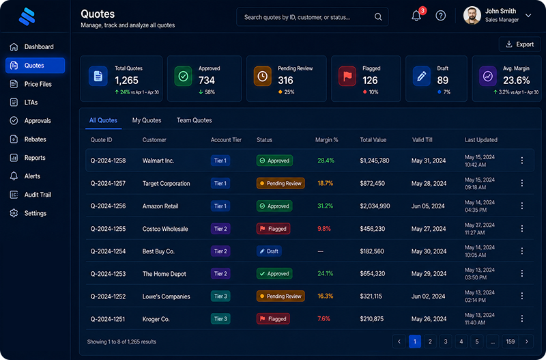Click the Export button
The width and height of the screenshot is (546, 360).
click(x=520, y=44)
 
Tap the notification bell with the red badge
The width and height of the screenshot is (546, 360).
click(x=416, y=16)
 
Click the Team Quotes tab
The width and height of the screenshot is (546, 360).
click(x=194, y=120)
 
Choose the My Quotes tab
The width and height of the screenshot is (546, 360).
click(x=147, y=120)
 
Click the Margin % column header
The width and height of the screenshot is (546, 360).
click(x=327, y=140)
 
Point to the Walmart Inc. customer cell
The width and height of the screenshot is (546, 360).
click(x=158, y=161)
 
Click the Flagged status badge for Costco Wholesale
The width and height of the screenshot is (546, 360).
click(x=274, y=229)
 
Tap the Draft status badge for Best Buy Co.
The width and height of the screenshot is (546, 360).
click(x=269, y=251)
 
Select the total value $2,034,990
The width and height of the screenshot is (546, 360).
click(x=375, y=206)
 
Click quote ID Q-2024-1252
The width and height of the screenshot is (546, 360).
click(x=108, y=296)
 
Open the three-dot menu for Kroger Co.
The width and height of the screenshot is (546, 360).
click(x=521, y=318)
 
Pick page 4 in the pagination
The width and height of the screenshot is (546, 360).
click(x=461, y=342)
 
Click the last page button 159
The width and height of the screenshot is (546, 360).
click(x=510, y=342)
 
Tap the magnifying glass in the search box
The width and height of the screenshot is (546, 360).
click(x=378, y=16)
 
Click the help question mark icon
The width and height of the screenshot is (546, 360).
click(x=440, y=16)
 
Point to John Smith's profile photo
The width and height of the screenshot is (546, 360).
click(x=472, y=15)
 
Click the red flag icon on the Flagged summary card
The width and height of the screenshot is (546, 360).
click(x=347, y=76)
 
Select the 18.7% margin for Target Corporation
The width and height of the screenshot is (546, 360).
click(x=326, y=183)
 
